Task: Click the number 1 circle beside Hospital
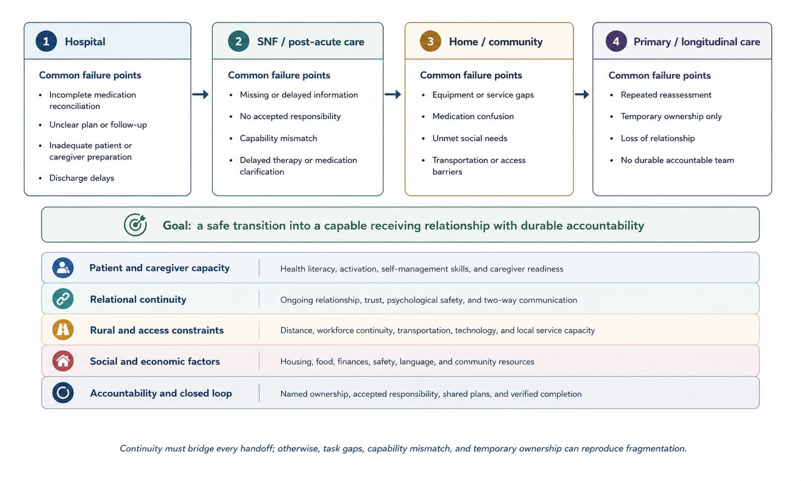point(46,41)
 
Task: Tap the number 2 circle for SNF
point(238,41)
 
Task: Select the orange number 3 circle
point(430,41)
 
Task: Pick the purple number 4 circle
point(616,41)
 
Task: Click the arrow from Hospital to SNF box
point(200,95)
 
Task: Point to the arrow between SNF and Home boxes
point(393,95)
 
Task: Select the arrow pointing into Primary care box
point(582,95)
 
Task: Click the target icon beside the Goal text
point(135,224)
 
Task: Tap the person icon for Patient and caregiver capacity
point(63,268)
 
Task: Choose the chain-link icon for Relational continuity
point(63,299)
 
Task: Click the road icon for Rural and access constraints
point(63,330)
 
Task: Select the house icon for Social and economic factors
point(63,361)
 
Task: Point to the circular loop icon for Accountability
point(63,392)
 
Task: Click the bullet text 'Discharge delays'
point(82,178)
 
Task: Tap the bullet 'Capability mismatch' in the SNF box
point(278,138)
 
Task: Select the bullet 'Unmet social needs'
point(470,138)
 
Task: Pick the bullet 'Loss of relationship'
point(658,138)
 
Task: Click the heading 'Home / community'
point(496,42)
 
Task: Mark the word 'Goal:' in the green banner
point(177,225)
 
